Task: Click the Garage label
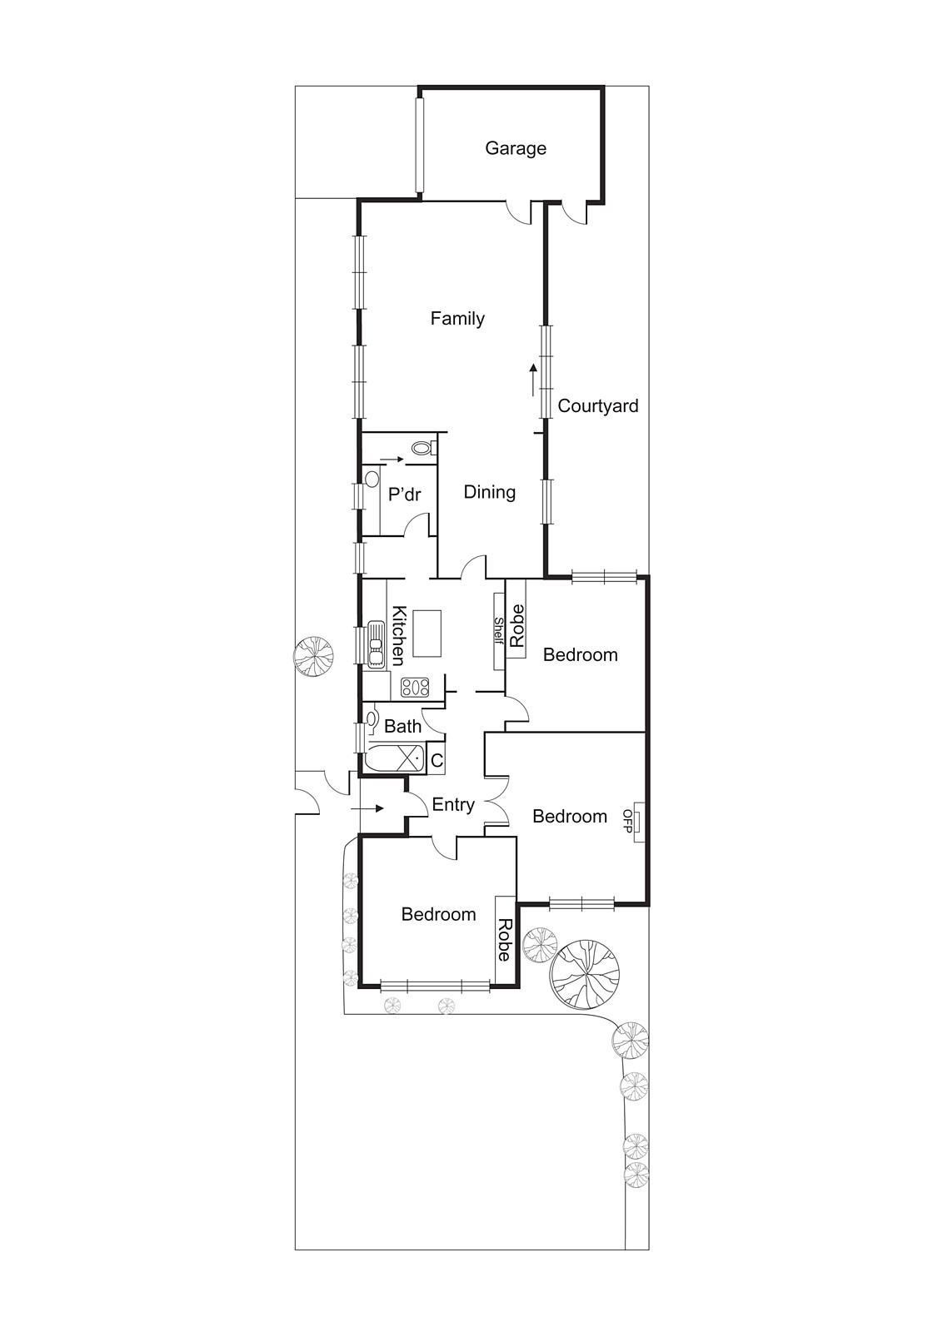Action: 516,148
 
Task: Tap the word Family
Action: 457,318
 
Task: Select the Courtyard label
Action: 597,406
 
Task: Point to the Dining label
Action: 489,492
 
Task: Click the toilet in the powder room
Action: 423,449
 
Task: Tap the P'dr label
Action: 405,495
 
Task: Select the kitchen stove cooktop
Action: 415,688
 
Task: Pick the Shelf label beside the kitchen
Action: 499,630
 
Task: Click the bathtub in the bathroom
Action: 394,759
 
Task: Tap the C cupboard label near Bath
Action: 437,761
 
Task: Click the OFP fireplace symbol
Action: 636,822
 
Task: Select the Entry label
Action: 453,805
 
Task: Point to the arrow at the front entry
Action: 367,808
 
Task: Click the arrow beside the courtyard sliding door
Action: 534,380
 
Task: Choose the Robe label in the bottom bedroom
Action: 505,940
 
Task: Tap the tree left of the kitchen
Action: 313,655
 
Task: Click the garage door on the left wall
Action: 421,143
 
